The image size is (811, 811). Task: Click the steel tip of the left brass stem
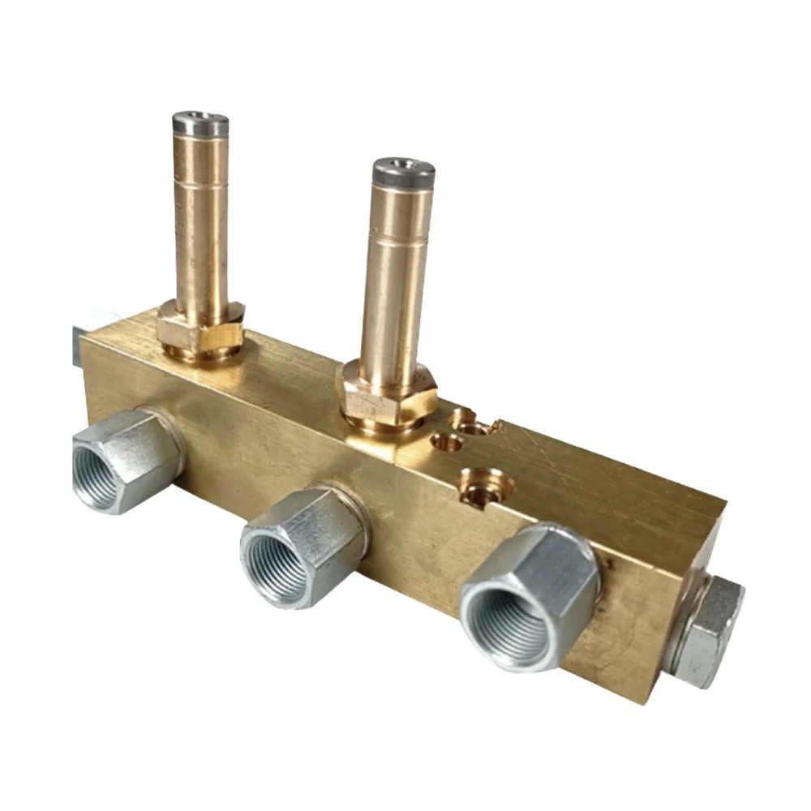[200, 124]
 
